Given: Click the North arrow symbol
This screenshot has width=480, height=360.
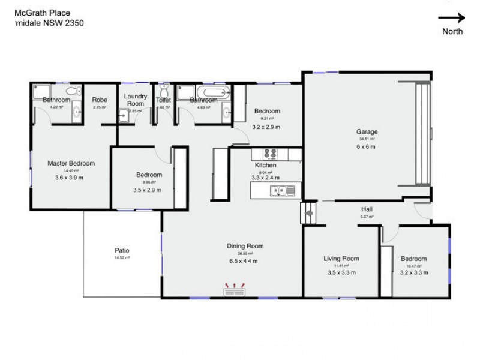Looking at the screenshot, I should pyautogui.click(x=452, y=18).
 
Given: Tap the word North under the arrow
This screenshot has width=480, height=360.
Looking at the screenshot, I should pyautogui.click(x=452, y=32).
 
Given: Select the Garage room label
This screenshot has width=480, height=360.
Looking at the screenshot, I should pyautogui.click(x=367, y=132).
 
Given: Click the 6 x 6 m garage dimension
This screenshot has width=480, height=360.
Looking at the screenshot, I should pyautogui.click(x=366, y=146).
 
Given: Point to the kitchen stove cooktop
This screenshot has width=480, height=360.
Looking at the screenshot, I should pyautogui.click(x=271, y=153).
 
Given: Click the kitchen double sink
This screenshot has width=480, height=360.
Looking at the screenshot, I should pyautogui.click(x=282, y=191).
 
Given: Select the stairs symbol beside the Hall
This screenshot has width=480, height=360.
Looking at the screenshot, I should pyautogui.click(x=308, y=212).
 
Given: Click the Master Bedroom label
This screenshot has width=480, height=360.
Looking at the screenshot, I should pyautogui.click(x=71, y=163).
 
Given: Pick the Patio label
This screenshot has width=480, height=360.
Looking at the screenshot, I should pyautogui.click(x=122, y=250).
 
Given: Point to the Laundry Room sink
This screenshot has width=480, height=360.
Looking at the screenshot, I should pyautogui.click(x=123, y=116).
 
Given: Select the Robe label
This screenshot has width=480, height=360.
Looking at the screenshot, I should pyautogui.click(x=100, y=100).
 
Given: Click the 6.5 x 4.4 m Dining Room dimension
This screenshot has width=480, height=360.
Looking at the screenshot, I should pyautogui.click(x=245, y=261).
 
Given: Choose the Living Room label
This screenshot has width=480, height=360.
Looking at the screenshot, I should pyautogui.click(x=341, y=259).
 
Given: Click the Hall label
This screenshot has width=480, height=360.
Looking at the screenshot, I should pyautogui.click(x=367, y=209).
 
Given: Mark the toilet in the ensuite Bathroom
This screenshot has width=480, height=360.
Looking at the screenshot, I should pyautogui.click(x=72, y=91).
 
